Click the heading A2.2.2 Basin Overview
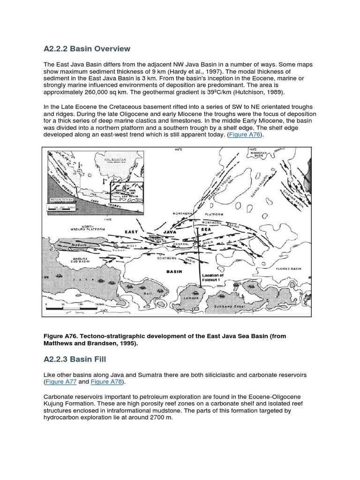pos(87,49)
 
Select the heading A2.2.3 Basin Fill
pos(75,359)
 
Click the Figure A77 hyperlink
pos(61,382)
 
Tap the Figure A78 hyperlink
pos(106,382)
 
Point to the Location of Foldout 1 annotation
pos(212,277)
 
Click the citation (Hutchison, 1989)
pos(256,92)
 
